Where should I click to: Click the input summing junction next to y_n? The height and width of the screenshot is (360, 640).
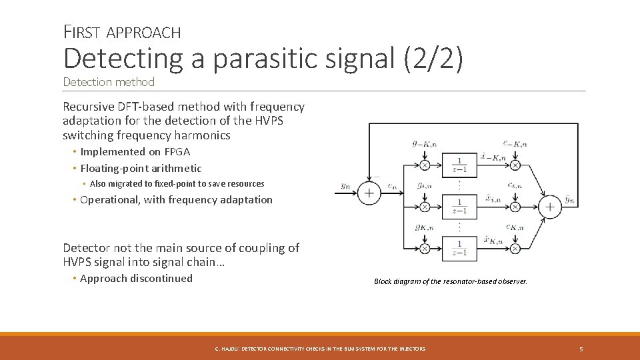[x=369, y=193]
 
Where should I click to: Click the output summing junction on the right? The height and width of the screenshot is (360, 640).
[x=550, y=207]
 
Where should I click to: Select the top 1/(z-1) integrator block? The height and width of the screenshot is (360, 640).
[x=459, y=164]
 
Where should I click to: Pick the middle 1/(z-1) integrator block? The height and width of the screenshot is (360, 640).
[x=459, y=205]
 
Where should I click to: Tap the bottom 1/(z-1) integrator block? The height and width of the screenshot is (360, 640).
[x=459, y=248]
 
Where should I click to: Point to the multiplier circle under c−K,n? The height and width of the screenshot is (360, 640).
[x=515, y=165]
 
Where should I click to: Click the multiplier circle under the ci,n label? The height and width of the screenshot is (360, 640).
[x=515, y=207]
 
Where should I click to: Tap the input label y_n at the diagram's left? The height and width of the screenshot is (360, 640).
[x=345, y=186]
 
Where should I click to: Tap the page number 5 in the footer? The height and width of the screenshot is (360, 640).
[x=581, y=349]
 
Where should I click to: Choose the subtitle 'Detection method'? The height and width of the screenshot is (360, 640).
[x=109, y=82]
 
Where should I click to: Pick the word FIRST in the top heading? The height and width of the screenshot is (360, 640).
[x=82, y=31]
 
